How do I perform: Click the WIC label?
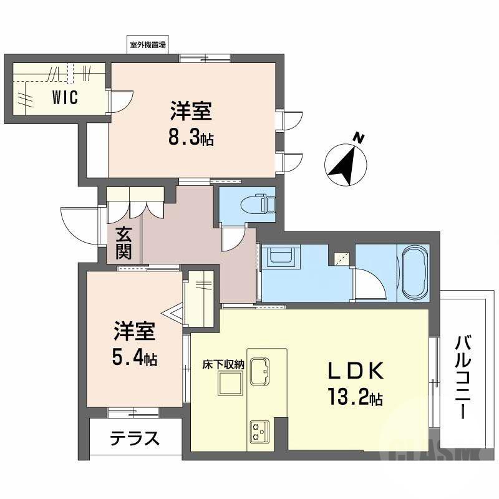click(x=65, y=99)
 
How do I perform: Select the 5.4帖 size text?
click(x=134, y=358)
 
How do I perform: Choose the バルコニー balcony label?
click(x=463, y=378)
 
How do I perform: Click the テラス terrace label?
click(x=134, y=438)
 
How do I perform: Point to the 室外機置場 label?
click(x=148, y=45)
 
